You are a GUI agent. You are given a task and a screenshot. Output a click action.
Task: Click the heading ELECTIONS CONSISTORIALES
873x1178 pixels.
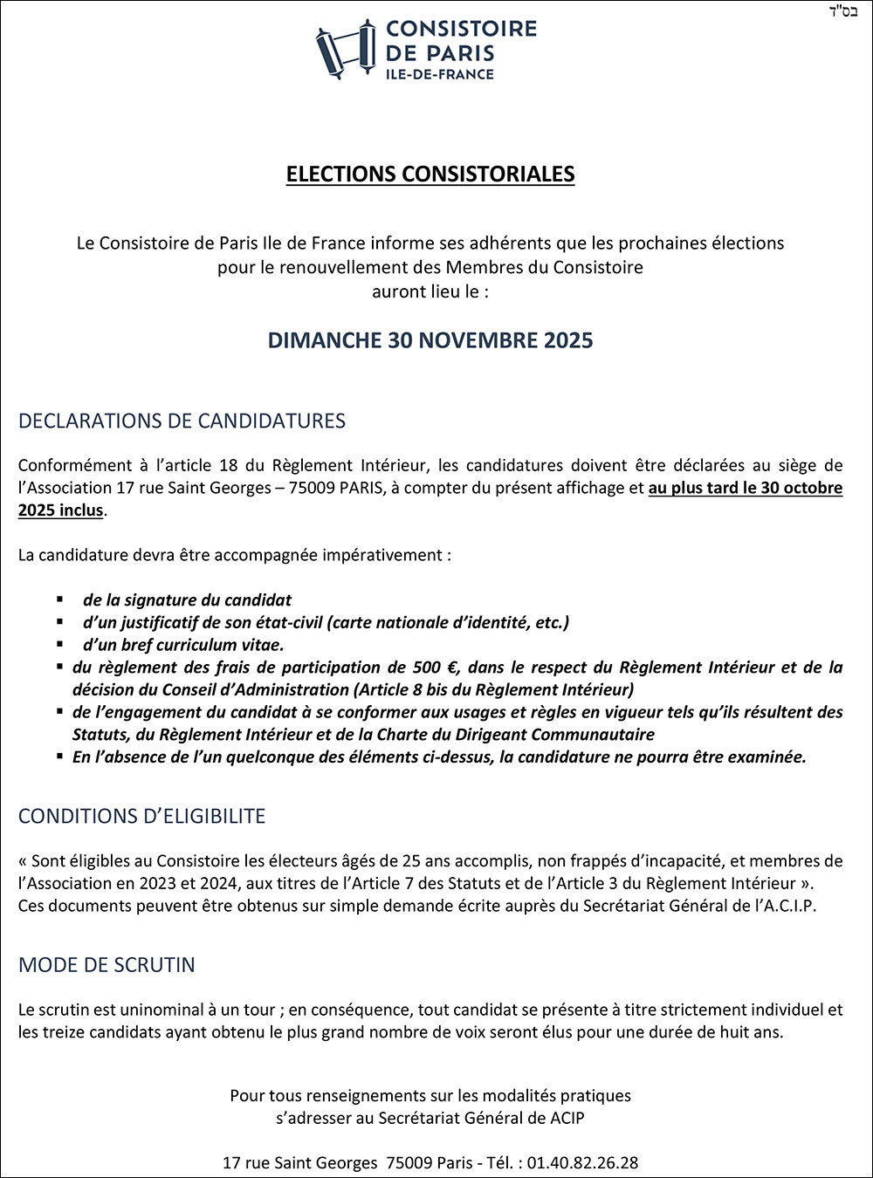point(430,175)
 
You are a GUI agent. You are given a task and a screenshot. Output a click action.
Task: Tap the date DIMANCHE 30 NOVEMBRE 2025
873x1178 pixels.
point(430,340)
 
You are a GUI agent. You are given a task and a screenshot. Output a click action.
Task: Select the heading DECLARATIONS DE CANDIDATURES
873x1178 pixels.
point(182,421)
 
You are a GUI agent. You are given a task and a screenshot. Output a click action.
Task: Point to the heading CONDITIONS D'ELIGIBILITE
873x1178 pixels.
point(141,817)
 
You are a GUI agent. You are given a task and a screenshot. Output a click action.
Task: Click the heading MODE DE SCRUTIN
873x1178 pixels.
point(107,965)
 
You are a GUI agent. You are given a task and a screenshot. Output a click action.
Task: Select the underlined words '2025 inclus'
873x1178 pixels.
point(60,510)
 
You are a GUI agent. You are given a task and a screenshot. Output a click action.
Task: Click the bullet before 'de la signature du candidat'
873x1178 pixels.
point(60,600)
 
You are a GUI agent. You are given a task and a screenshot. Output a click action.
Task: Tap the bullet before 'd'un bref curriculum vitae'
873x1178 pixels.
point(60,645)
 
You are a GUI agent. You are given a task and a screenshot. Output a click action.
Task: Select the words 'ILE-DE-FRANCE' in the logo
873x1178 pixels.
point(440,74)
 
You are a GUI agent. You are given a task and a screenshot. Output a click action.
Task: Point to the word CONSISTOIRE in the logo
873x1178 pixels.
point(461,29)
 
